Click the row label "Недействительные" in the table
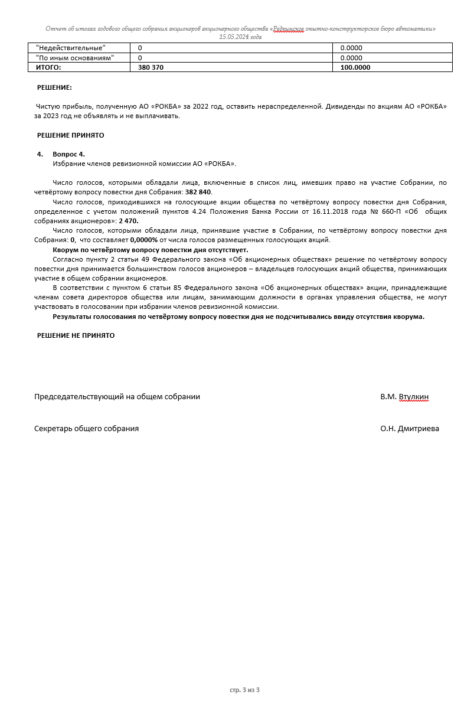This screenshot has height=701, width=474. [71, 48]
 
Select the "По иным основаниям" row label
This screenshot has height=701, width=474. [75, 58]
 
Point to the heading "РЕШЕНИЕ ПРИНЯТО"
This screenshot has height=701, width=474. [70, 135]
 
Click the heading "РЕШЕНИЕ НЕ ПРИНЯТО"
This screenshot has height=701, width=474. [76, 335]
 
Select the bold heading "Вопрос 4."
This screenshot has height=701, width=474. [68, 154]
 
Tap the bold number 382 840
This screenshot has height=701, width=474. [198, 193]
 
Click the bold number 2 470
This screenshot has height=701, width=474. [129, 221]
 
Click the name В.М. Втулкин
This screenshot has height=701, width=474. [404, 397]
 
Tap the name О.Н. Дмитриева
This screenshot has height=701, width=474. [409, 429]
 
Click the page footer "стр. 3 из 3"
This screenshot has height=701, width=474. [244, 690]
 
